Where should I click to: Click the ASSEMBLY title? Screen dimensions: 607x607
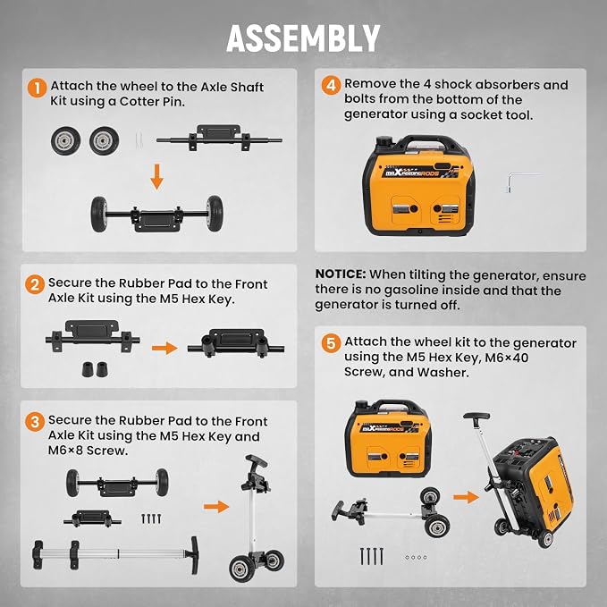[x=303, y=38]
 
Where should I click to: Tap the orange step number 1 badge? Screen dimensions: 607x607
[x=38, y=89]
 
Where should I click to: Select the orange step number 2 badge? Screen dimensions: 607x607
[x=35, y=284]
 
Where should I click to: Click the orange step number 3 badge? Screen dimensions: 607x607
[x=35, y=422]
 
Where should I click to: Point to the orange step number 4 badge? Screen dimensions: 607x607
[x=332, y=85]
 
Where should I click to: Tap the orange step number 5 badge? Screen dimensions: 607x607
[x=332, y=343]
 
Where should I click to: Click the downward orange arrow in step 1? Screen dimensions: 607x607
[x=156, y=176]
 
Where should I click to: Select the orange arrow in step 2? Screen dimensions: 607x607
[x=164, y=348]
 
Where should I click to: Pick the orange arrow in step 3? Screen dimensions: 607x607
[x=216, y=506]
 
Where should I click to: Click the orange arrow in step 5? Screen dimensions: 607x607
[x=466, y=497]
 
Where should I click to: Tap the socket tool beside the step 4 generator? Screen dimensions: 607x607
[x=523, y=181]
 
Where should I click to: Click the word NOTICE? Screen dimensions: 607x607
[x=341, y=274]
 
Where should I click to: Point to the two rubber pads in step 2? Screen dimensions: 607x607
[x=95, y=369]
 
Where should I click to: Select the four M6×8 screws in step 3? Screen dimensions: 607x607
[x=151, y=518]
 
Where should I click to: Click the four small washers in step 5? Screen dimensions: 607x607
[x=417, y=558]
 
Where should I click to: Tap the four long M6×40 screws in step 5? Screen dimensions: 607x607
[x=372, y=556]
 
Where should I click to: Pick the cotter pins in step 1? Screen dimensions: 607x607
[x=139, y=140]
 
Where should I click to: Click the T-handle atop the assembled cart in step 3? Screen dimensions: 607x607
[x=257, y=460]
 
